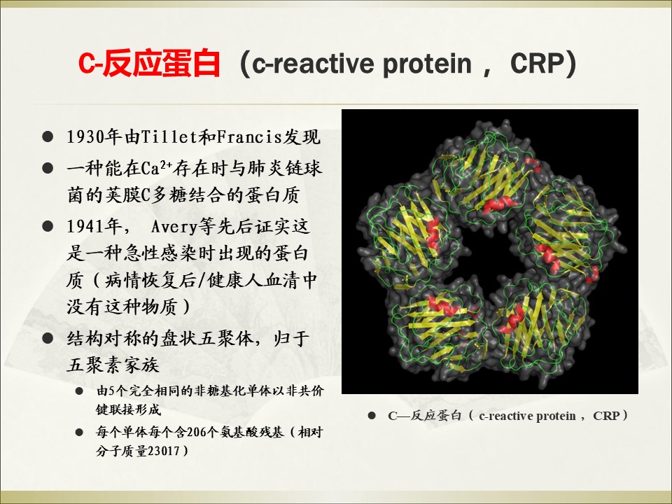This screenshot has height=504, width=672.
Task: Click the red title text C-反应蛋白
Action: (x=149, y=64)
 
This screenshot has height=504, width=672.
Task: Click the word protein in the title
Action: (x=427, y=64)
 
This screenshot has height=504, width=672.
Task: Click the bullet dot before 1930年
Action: (x=48, y=137)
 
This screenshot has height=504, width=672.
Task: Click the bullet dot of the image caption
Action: (x=372, y=415)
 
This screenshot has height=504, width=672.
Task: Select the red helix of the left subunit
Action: (x=433, y=234)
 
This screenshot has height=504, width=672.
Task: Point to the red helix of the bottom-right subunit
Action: (x=512, y=319)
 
